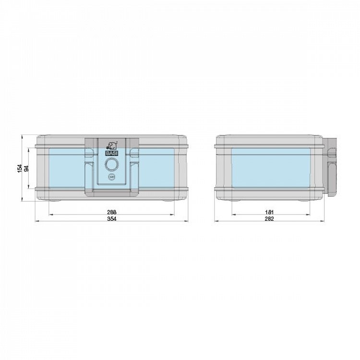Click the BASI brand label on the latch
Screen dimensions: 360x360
tap(112, 154)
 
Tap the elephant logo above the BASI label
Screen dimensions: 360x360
tap(112, 146)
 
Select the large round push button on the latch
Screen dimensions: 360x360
tap(112, 165)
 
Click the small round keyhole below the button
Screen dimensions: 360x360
tap(112, 177)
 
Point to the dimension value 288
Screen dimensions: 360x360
tap(112, 212)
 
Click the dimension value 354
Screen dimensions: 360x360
tap(112, 218)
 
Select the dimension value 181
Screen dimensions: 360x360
tap(270, 212)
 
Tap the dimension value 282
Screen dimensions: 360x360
tap(270, 218)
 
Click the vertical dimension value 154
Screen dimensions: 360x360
tap(20, 168)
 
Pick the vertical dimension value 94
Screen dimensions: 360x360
tap(26, 168)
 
